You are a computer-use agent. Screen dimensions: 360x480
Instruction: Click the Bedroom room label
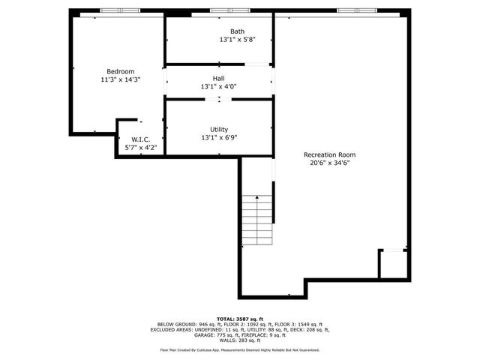click(121, 71)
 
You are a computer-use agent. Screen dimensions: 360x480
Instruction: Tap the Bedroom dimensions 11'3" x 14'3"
click(121, 79)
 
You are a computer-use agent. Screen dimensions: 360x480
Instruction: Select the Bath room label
click(237, 31)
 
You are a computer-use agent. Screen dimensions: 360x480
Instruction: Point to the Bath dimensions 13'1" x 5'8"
click(237, 40)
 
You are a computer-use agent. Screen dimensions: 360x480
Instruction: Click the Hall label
click(218, 78)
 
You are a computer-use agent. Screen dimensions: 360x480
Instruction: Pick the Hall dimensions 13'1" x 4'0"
click(218, 87)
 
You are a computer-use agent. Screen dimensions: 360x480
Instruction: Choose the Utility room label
click(219, 129)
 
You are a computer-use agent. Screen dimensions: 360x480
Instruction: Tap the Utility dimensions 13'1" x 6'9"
click(219, 138)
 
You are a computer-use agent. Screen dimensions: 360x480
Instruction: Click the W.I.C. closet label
click(141, 139)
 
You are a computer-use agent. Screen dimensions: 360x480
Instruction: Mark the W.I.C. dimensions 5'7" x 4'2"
click(141, 148)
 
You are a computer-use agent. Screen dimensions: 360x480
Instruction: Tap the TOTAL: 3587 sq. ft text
click(239, 319)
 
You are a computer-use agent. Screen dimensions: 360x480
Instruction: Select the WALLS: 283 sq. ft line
click(239, 340)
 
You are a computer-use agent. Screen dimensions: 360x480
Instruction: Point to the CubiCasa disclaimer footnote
click(239, 349)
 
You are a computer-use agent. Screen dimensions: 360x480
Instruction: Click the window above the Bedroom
click(121, 10)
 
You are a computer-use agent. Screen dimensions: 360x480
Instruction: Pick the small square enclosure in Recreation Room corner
click(393, 264)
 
